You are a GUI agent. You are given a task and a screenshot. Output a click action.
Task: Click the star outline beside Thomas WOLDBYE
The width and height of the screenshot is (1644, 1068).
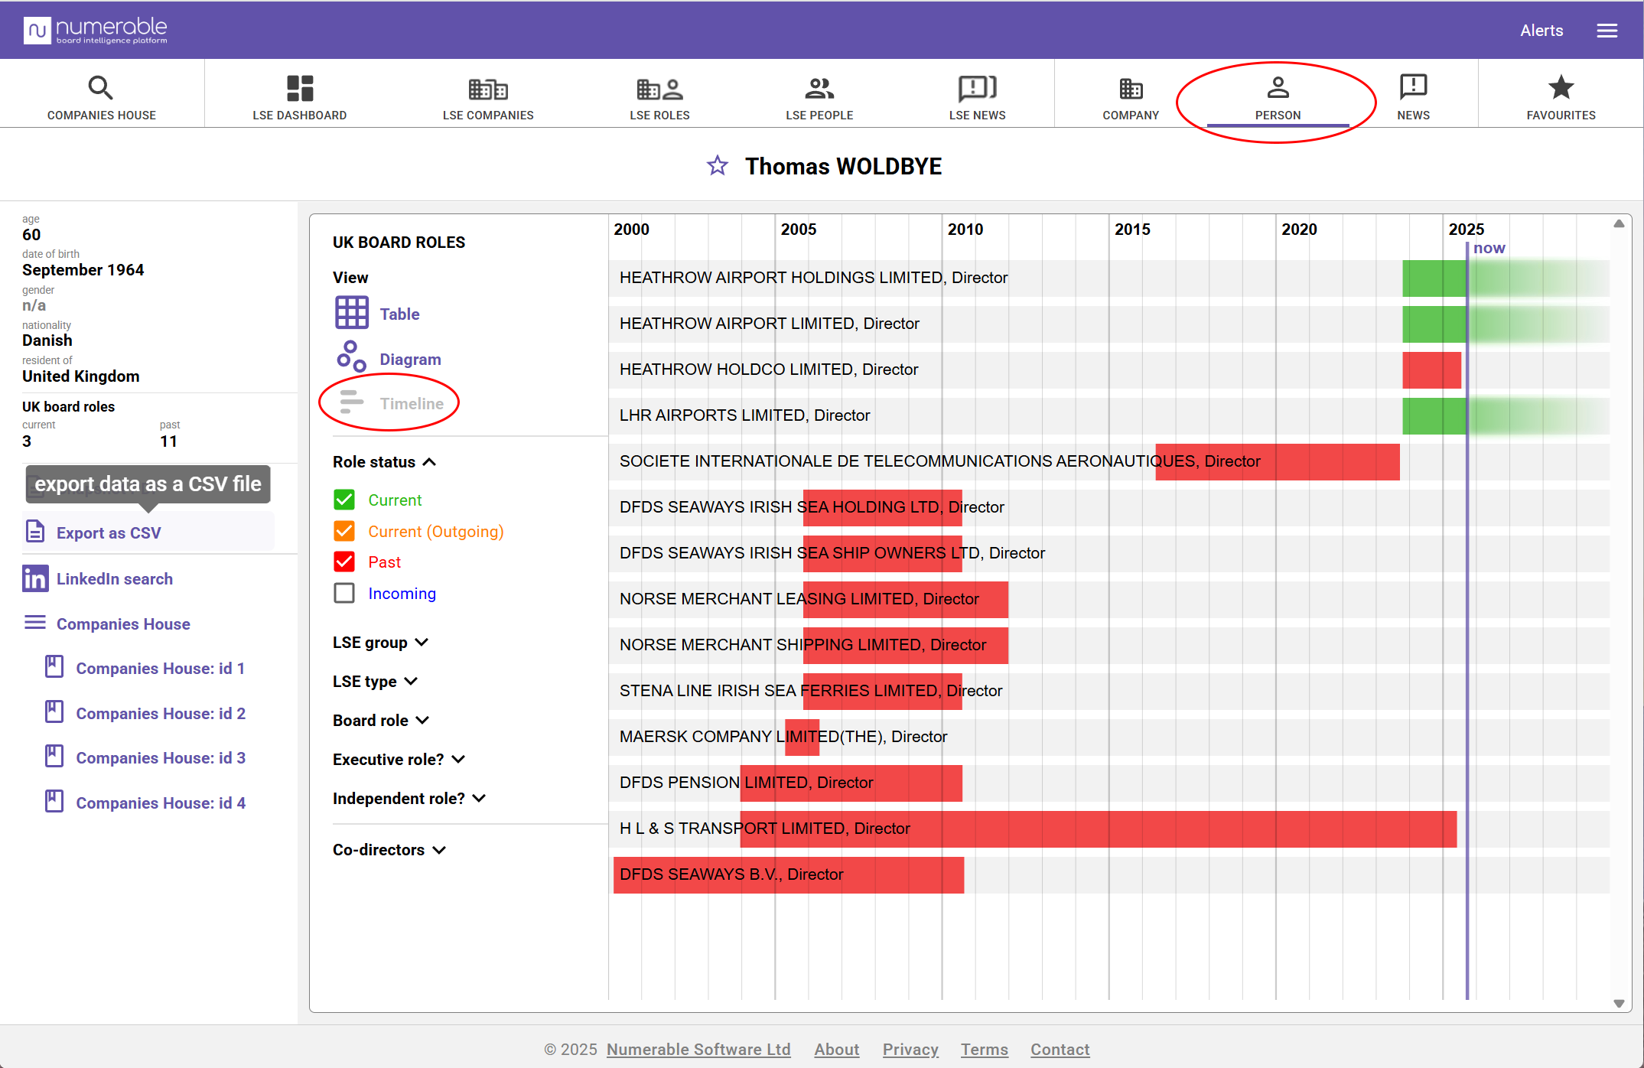click(717, 165)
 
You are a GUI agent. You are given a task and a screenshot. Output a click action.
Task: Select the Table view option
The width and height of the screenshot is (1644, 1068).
click(399, 314)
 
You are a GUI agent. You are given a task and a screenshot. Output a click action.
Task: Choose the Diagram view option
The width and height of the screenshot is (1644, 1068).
click(409, 359)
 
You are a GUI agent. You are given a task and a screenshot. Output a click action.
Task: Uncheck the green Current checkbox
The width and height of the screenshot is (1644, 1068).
click(344, 500)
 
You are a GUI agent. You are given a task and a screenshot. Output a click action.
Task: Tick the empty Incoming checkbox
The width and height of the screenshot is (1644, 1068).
click(344, 593)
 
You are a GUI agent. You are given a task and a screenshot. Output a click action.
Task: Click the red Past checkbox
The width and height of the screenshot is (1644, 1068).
click(344, 562)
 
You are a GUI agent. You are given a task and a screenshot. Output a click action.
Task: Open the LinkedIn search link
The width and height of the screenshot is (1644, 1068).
click(114, 578)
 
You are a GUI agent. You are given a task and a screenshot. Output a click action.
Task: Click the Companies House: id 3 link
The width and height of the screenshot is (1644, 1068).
click(160, 757)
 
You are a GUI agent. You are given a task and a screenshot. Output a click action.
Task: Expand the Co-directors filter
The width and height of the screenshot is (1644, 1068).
click(389, 849)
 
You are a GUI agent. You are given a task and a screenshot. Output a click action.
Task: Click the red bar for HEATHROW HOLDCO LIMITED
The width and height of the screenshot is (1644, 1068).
click(1431, 370)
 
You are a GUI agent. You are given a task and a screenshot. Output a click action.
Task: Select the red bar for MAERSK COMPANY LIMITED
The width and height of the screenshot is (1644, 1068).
click(802, 737)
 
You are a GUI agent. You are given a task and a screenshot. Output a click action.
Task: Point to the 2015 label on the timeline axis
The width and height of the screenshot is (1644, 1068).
click(1131, 230)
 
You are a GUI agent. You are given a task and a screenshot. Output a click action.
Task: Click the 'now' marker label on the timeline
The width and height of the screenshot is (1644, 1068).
click(1488, 248)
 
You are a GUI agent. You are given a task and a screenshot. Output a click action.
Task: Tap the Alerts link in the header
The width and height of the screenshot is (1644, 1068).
click(1541, 31)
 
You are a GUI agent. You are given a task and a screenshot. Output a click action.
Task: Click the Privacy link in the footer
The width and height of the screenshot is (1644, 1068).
click(910, 1049)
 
